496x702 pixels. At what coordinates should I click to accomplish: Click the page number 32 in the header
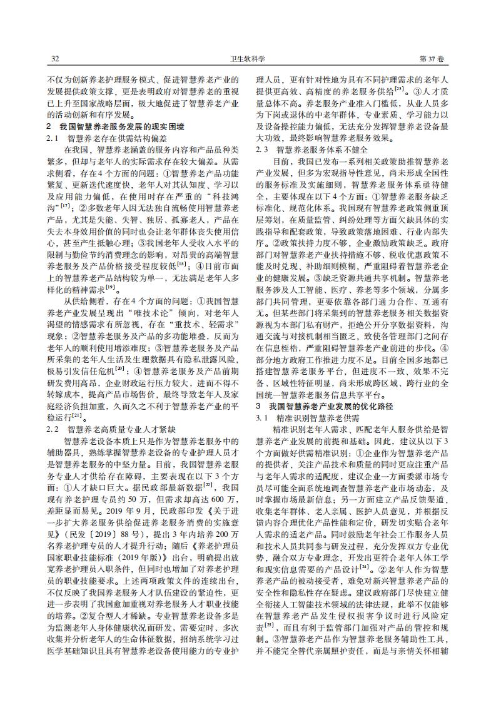[54, 59]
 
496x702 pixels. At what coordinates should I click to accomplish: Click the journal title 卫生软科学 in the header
[248, 59]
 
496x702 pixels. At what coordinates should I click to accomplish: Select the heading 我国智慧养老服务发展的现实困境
[119, 126]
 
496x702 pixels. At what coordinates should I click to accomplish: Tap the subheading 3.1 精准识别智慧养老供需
[310, 417]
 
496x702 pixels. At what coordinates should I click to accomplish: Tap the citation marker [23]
[407, 89]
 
